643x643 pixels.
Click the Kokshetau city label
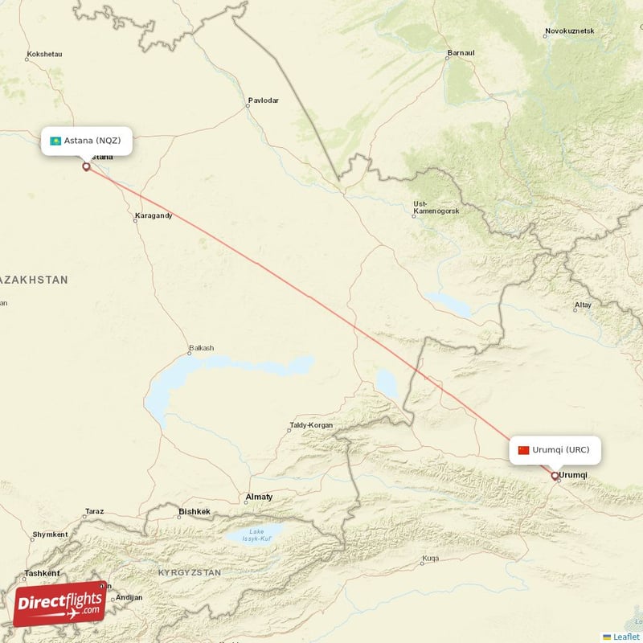point(44,55)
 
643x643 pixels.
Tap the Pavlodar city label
point(264,100)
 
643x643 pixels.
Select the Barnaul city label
point(461,54)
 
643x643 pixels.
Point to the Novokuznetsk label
point(569,31)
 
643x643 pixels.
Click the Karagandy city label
point(153,215)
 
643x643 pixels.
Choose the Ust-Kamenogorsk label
point(436,207)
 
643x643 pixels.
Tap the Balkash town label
point(201,348)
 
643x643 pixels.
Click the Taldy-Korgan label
point(310,425)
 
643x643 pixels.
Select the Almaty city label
point(259,497)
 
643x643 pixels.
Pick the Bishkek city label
point(194,511)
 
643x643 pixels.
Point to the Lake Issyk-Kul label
point(256,534)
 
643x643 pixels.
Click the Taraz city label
point(95,511)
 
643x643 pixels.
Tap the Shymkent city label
point(50,534)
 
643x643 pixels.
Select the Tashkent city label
point(42,573)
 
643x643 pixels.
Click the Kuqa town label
point(431,559)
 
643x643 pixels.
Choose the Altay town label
point(583,305)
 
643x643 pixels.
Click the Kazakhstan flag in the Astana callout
point(55,141)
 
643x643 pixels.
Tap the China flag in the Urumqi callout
point(524,450)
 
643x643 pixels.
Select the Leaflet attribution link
point(626,637)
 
